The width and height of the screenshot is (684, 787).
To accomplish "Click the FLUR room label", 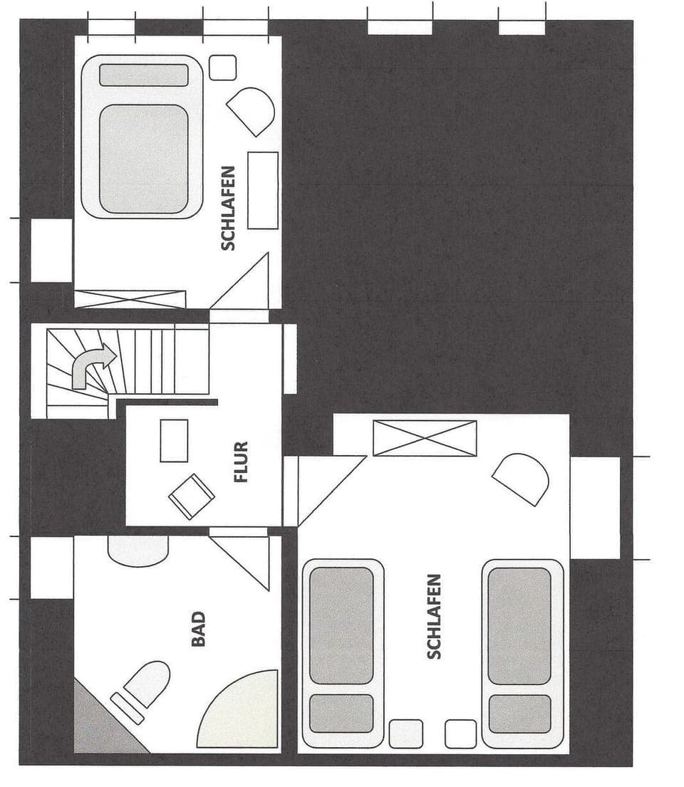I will pos(242,462).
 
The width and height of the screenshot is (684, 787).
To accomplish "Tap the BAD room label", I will pos(199,630).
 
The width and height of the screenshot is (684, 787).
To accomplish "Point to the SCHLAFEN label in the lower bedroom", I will pos(434,616).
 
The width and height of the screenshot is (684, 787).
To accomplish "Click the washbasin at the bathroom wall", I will pos(138,549).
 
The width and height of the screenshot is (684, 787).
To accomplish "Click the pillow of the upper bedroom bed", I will pos(143,75).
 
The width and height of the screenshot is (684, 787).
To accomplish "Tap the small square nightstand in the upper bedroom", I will pos(223,68).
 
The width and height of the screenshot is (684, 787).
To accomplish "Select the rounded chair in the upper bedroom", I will pos(252,110).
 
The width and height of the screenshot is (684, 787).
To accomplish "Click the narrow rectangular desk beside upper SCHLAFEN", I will pos(262,190).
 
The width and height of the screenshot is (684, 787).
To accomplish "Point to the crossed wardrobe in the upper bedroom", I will pos(130,298).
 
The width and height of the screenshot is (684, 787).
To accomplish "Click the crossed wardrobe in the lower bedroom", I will pos(425,438).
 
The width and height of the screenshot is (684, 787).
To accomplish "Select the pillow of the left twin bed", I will pos(341,713).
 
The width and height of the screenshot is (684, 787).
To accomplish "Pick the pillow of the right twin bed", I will pos(519,713).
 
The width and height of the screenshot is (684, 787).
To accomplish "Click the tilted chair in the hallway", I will pos(192,496).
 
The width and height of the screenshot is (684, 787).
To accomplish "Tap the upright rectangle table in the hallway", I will pos(174,440).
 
